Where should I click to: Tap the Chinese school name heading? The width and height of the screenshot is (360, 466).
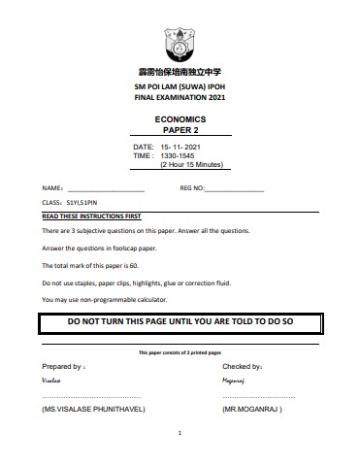(x=180, y=73)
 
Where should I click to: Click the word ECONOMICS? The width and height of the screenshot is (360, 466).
(x=180, y=118)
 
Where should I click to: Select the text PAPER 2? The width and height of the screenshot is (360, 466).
(x=180, y=130)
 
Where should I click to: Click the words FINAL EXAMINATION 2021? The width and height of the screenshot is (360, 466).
(x=180, y=95)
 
